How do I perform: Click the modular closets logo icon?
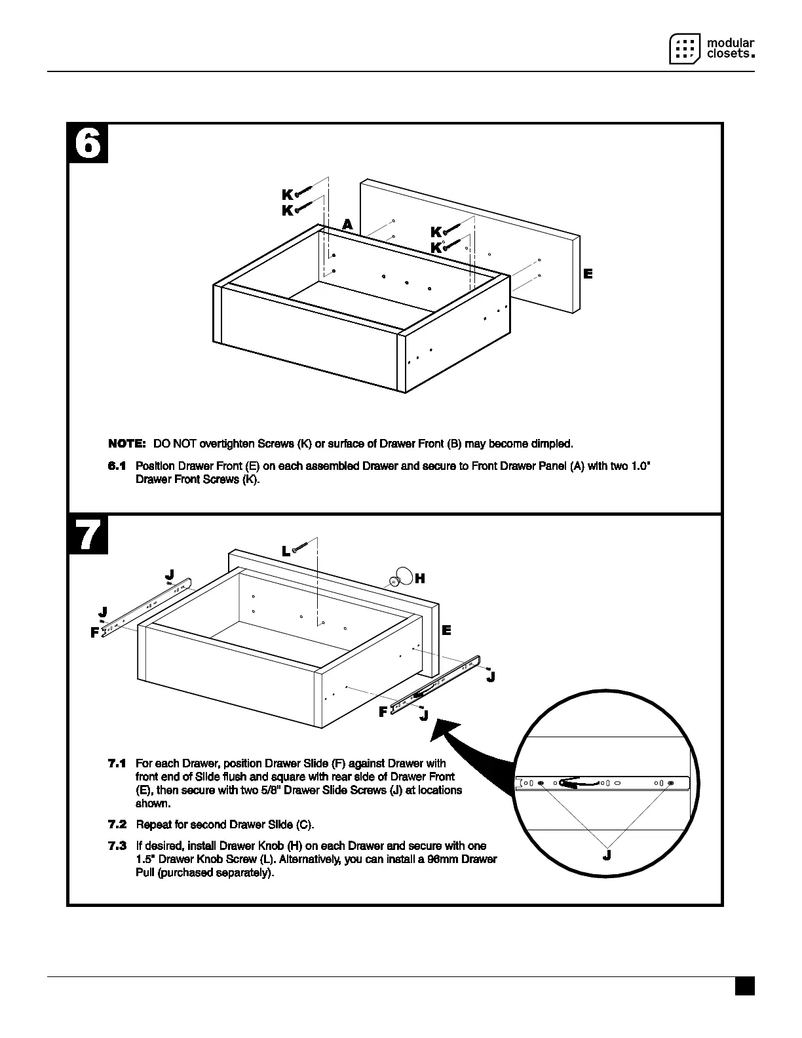(x=685, y=48)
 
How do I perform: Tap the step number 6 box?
(x=88, y=144)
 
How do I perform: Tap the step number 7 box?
(x=88, y=535)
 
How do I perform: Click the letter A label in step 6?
(x=347, y=225)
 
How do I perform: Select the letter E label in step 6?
(x=588, y=274)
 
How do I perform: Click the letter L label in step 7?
(x=286, y=552)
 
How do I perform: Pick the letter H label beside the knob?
(x=420, y=578)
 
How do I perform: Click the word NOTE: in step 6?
(x=126, y=444)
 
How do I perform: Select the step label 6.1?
(x=117, y=466)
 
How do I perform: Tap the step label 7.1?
(x=117, y=763)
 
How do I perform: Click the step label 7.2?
(x=117, y=824)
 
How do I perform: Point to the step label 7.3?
(x=117, y=846)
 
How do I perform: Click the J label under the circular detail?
(x=607, y=855)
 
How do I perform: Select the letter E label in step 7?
(x=446, y=630)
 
